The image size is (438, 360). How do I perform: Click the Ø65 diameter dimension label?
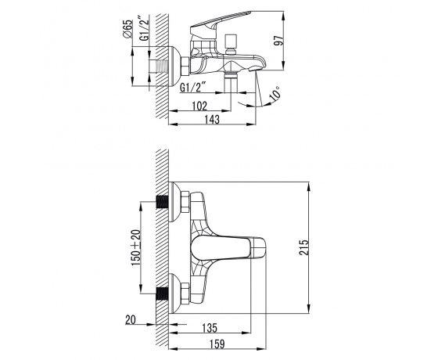click(127, 29)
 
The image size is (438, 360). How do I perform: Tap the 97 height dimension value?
click(278, 40)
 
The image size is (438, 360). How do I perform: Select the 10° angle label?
click(275, 93)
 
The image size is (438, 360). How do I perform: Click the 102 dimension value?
click(199, 106)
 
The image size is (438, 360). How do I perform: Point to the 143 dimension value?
click(212, 119)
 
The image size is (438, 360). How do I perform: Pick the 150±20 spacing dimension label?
click(136, 247)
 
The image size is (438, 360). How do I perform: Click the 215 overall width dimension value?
click(304, 247)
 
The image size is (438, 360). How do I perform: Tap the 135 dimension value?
click(210, 328)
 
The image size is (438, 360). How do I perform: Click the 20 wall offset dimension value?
click(131, 319)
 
